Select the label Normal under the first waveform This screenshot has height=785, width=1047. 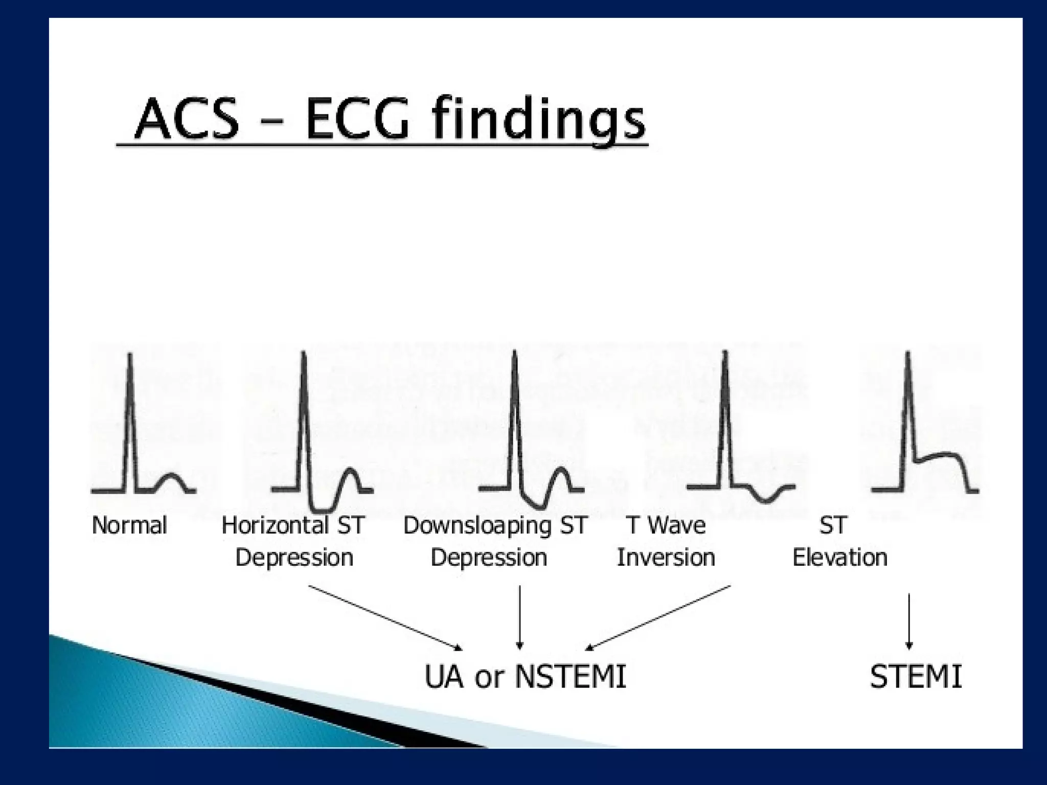tap(129, 525)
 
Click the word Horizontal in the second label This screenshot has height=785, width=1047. tap(275, 525)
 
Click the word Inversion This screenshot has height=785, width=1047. tap(666, 557)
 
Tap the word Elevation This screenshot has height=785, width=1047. tap(839, 557)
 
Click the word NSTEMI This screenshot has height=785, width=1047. tap(570, 677)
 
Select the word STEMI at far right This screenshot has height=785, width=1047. tap(916, 677)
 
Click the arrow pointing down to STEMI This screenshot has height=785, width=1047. tap(908, 621)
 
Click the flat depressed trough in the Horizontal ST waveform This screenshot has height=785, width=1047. tap(323, 510)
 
